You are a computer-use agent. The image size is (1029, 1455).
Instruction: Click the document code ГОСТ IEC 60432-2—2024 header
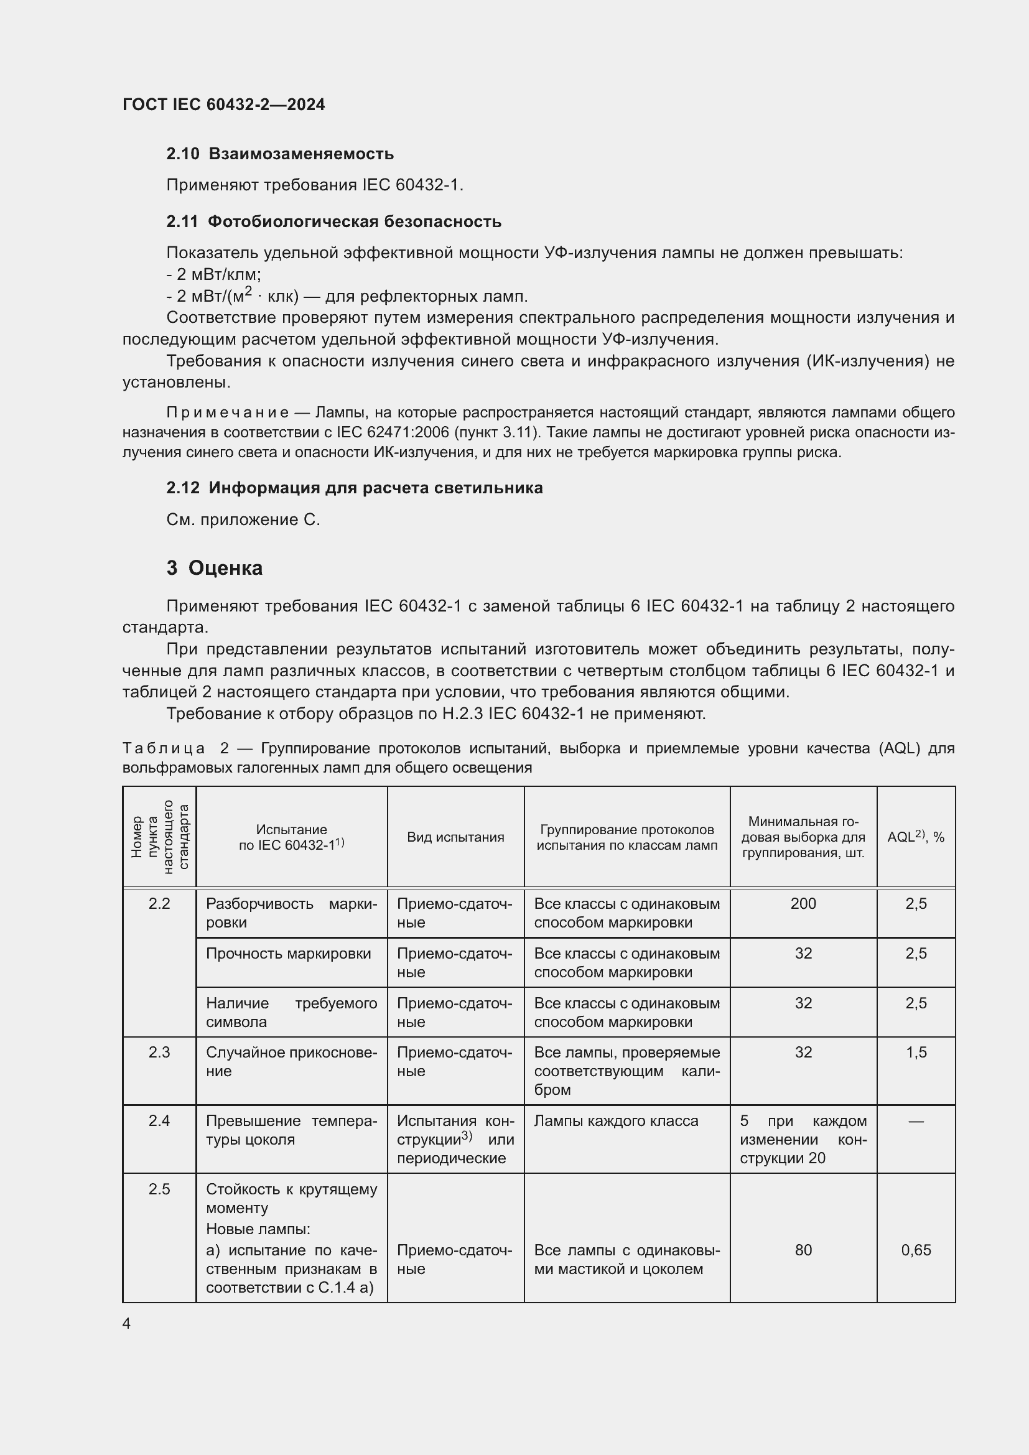223,105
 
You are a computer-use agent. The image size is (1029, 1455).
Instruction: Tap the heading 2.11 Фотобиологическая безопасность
333,222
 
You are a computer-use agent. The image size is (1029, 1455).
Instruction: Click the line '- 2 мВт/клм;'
213,274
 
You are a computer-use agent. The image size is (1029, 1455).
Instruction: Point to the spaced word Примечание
228,412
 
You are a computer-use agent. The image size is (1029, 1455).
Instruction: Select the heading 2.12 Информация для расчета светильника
354,488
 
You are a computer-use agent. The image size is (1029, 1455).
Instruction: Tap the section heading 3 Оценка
214,568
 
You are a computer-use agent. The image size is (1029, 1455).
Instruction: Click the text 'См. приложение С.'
243,519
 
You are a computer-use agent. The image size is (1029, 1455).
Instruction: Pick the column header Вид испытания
455,837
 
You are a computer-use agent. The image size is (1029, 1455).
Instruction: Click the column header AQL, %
915,837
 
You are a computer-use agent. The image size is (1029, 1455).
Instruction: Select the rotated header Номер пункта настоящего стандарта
159,837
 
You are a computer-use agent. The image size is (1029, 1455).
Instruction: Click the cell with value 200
803,904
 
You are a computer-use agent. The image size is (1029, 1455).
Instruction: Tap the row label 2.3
159,1053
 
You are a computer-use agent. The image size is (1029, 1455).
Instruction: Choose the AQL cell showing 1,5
916,1053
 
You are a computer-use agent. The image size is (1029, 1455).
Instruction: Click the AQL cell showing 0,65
916,1250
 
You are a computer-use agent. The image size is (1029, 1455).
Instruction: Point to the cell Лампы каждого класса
615,1121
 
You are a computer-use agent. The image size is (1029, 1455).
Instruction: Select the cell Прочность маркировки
288,954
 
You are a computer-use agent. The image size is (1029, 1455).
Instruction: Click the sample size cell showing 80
803,1250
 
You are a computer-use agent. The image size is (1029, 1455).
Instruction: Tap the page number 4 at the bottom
126,1324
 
